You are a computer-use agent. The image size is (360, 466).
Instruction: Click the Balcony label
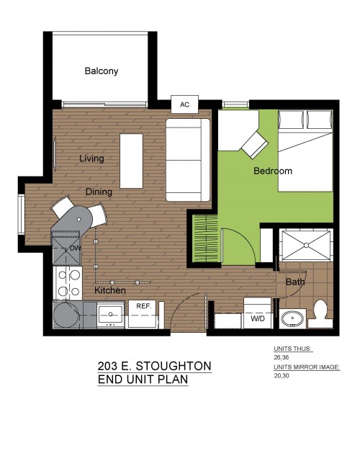coord(102,71)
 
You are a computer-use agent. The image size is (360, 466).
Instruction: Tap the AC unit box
coord(184,104)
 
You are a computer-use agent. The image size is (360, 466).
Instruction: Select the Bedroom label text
coord(273,171)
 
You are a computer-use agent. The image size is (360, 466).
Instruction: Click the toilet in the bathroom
coord(320,314)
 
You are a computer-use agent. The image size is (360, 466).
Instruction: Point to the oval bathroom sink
coord(292,318)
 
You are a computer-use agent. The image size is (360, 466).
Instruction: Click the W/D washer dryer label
coord(258,319)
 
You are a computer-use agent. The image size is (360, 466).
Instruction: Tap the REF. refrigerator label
coord(144,306)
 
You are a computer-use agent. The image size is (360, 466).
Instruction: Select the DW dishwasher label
coord(75,248)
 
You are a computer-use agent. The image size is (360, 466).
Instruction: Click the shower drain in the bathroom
coord(306,245)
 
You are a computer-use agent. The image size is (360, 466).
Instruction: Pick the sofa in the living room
coord(188,160)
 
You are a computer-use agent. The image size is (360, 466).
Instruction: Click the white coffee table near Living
coord(131,161)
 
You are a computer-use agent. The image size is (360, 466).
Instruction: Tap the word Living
coord(91,158)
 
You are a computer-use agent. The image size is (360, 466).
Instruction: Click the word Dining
coord(99,192)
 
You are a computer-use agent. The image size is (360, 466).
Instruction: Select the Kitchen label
coord(110,290)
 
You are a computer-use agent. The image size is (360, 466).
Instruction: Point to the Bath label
coord(295,282)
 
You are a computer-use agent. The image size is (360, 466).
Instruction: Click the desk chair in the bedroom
coord(255,145)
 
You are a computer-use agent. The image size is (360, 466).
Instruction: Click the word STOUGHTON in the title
coord(174,366)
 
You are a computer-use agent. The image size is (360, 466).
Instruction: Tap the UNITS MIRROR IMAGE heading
coord(307,367)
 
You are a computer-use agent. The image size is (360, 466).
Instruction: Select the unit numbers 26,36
coord(281,357)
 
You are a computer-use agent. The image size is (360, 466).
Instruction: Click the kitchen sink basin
coord(110,314)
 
